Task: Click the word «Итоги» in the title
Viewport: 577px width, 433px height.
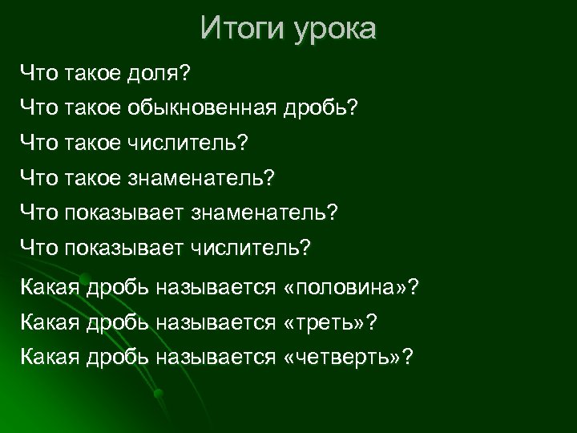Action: click(x=236, y=29)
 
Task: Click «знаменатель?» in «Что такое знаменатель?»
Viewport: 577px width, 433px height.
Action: click(x=200, y=177)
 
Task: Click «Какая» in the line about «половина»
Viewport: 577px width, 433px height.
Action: click(x=48, y=286)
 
